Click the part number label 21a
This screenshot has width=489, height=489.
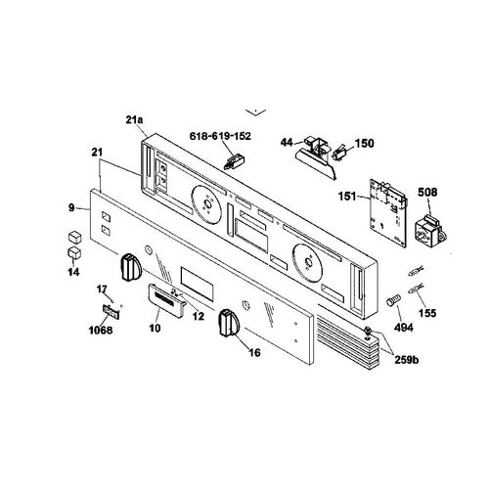click(134, 120)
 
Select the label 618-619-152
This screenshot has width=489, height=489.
click(220, 136)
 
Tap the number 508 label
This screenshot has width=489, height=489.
click(427, 193)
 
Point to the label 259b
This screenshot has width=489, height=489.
click(407, 360)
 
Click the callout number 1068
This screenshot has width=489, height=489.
click(101, 331)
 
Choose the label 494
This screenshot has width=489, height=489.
click(404, 328)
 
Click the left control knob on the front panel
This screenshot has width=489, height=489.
click(131, 268)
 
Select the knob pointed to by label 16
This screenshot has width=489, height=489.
click(229, 323)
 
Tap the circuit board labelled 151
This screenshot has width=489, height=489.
click(388, 212)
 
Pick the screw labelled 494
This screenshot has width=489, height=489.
click(393, 300)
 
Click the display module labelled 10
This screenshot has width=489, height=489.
click(166, 299)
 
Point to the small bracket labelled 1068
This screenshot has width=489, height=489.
click(111, 311)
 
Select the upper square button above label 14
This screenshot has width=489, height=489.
click(74, 237)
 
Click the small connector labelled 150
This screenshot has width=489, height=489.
click(339, 154)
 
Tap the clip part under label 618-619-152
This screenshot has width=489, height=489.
click(235, 162)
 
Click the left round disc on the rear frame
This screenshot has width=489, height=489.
click(207, 204)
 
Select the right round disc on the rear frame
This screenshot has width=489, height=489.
click(307, 261)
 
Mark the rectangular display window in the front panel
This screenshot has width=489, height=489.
click(197, 284)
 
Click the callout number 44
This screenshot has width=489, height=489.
click(287, 143)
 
